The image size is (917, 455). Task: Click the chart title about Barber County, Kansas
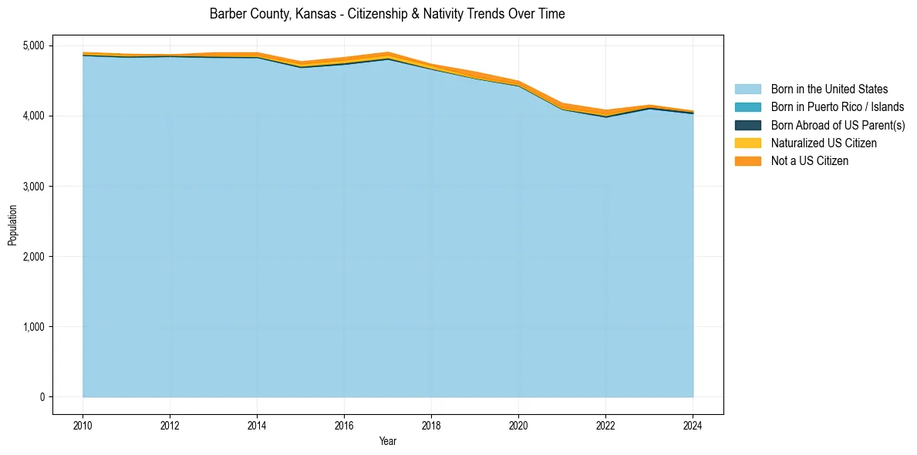point(387,14)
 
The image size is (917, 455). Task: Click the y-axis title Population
point(12,225)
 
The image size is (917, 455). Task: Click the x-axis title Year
point(388,441)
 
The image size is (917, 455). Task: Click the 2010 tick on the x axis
point(83,424)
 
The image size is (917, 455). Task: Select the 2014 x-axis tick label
point(257,424)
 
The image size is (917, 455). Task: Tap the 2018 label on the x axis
point(431,424)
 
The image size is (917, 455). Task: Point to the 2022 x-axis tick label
point(605,424)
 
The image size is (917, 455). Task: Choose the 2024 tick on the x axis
point(693,424)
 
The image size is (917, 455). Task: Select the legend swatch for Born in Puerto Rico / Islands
point(747,107)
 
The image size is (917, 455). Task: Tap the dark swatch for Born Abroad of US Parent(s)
point(747,125)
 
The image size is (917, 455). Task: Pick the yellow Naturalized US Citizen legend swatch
point(747,143)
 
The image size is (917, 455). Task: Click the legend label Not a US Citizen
point(809,161)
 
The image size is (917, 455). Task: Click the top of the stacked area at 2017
point(388,52)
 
